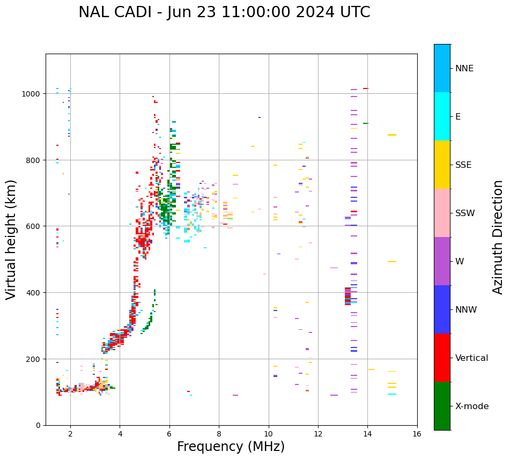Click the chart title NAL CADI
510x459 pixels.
coord(224,12)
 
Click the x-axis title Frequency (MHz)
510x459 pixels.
coord(231,447)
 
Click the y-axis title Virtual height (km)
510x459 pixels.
coord(11,239)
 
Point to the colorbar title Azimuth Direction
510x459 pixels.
coord(498,237)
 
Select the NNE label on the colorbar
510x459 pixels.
coord(464,68)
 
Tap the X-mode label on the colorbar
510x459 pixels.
coord(472,406)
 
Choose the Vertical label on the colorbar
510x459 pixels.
coord(472,358)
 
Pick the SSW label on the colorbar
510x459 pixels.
coord(465,213)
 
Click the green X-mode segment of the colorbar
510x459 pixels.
coord(442,406)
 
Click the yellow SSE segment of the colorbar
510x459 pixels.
coord(442,165)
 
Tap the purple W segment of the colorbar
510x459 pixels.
coord(442,261)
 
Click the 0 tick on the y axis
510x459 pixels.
coord(39,425)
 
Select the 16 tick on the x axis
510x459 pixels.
coord(417,434)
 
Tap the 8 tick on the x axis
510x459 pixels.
coord(219,434)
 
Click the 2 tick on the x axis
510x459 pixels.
coord(70,434)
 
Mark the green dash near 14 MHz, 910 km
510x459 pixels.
coord(366,123)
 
